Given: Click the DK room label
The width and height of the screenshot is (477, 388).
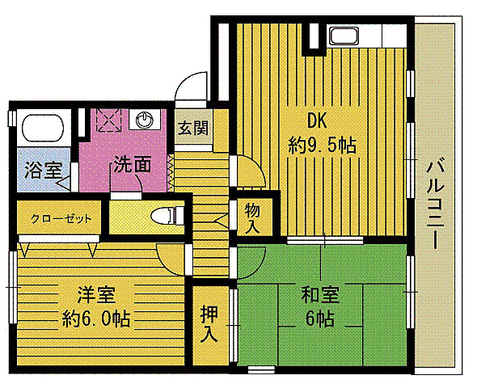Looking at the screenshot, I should (x=315, y=121).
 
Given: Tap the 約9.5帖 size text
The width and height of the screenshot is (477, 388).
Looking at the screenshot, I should (x=323, y=146).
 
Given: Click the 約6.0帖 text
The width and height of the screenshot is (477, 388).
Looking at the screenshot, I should (x=95, y=318).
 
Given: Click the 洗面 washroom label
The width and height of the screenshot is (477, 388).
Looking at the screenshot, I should (x=132, y=164).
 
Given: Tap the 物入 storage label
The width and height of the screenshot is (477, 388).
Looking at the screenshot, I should (x=251, y=217).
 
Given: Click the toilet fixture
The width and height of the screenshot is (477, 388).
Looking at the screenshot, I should (x=166, y=216).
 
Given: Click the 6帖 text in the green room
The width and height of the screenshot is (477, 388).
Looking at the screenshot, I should (x=320, y=318).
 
